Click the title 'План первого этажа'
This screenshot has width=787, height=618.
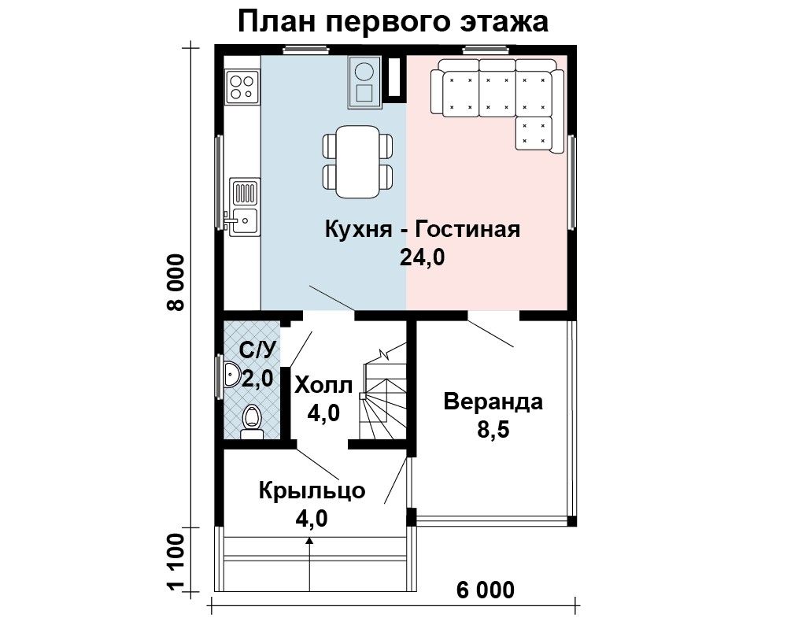point(393,23)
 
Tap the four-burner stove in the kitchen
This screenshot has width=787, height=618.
point(243,86)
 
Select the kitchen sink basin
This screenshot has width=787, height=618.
point(244,221)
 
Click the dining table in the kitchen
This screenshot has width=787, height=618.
point(357,161)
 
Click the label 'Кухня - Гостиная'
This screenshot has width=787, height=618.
point(423,229)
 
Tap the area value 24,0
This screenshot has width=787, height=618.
point(422,257)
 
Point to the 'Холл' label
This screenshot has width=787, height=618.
point(323,386)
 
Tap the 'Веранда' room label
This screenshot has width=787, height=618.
point(493,402)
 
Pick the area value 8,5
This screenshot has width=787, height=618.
point(493,430)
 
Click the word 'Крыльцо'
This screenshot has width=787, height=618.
point(312,491)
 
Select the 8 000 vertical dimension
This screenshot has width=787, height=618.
point(176,283)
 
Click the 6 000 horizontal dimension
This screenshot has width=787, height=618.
point(486,590)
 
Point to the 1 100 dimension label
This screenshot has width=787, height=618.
point(176,563)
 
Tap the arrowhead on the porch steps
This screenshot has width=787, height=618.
point(309,541)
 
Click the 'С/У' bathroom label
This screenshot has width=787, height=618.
point(257,350)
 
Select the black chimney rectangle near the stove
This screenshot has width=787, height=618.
point(395,78)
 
